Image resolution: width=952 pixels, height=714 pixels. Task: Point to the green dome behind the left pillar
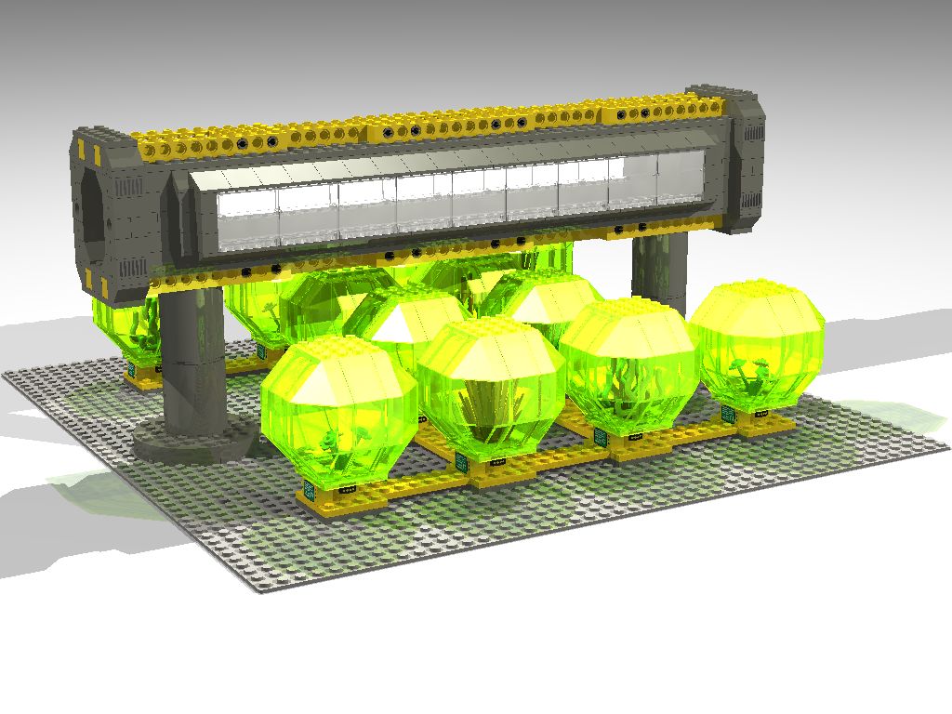click(x=130, y=330)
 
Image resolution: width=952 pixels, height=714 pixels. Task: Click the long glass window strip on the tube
click(x=437, y=200)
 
